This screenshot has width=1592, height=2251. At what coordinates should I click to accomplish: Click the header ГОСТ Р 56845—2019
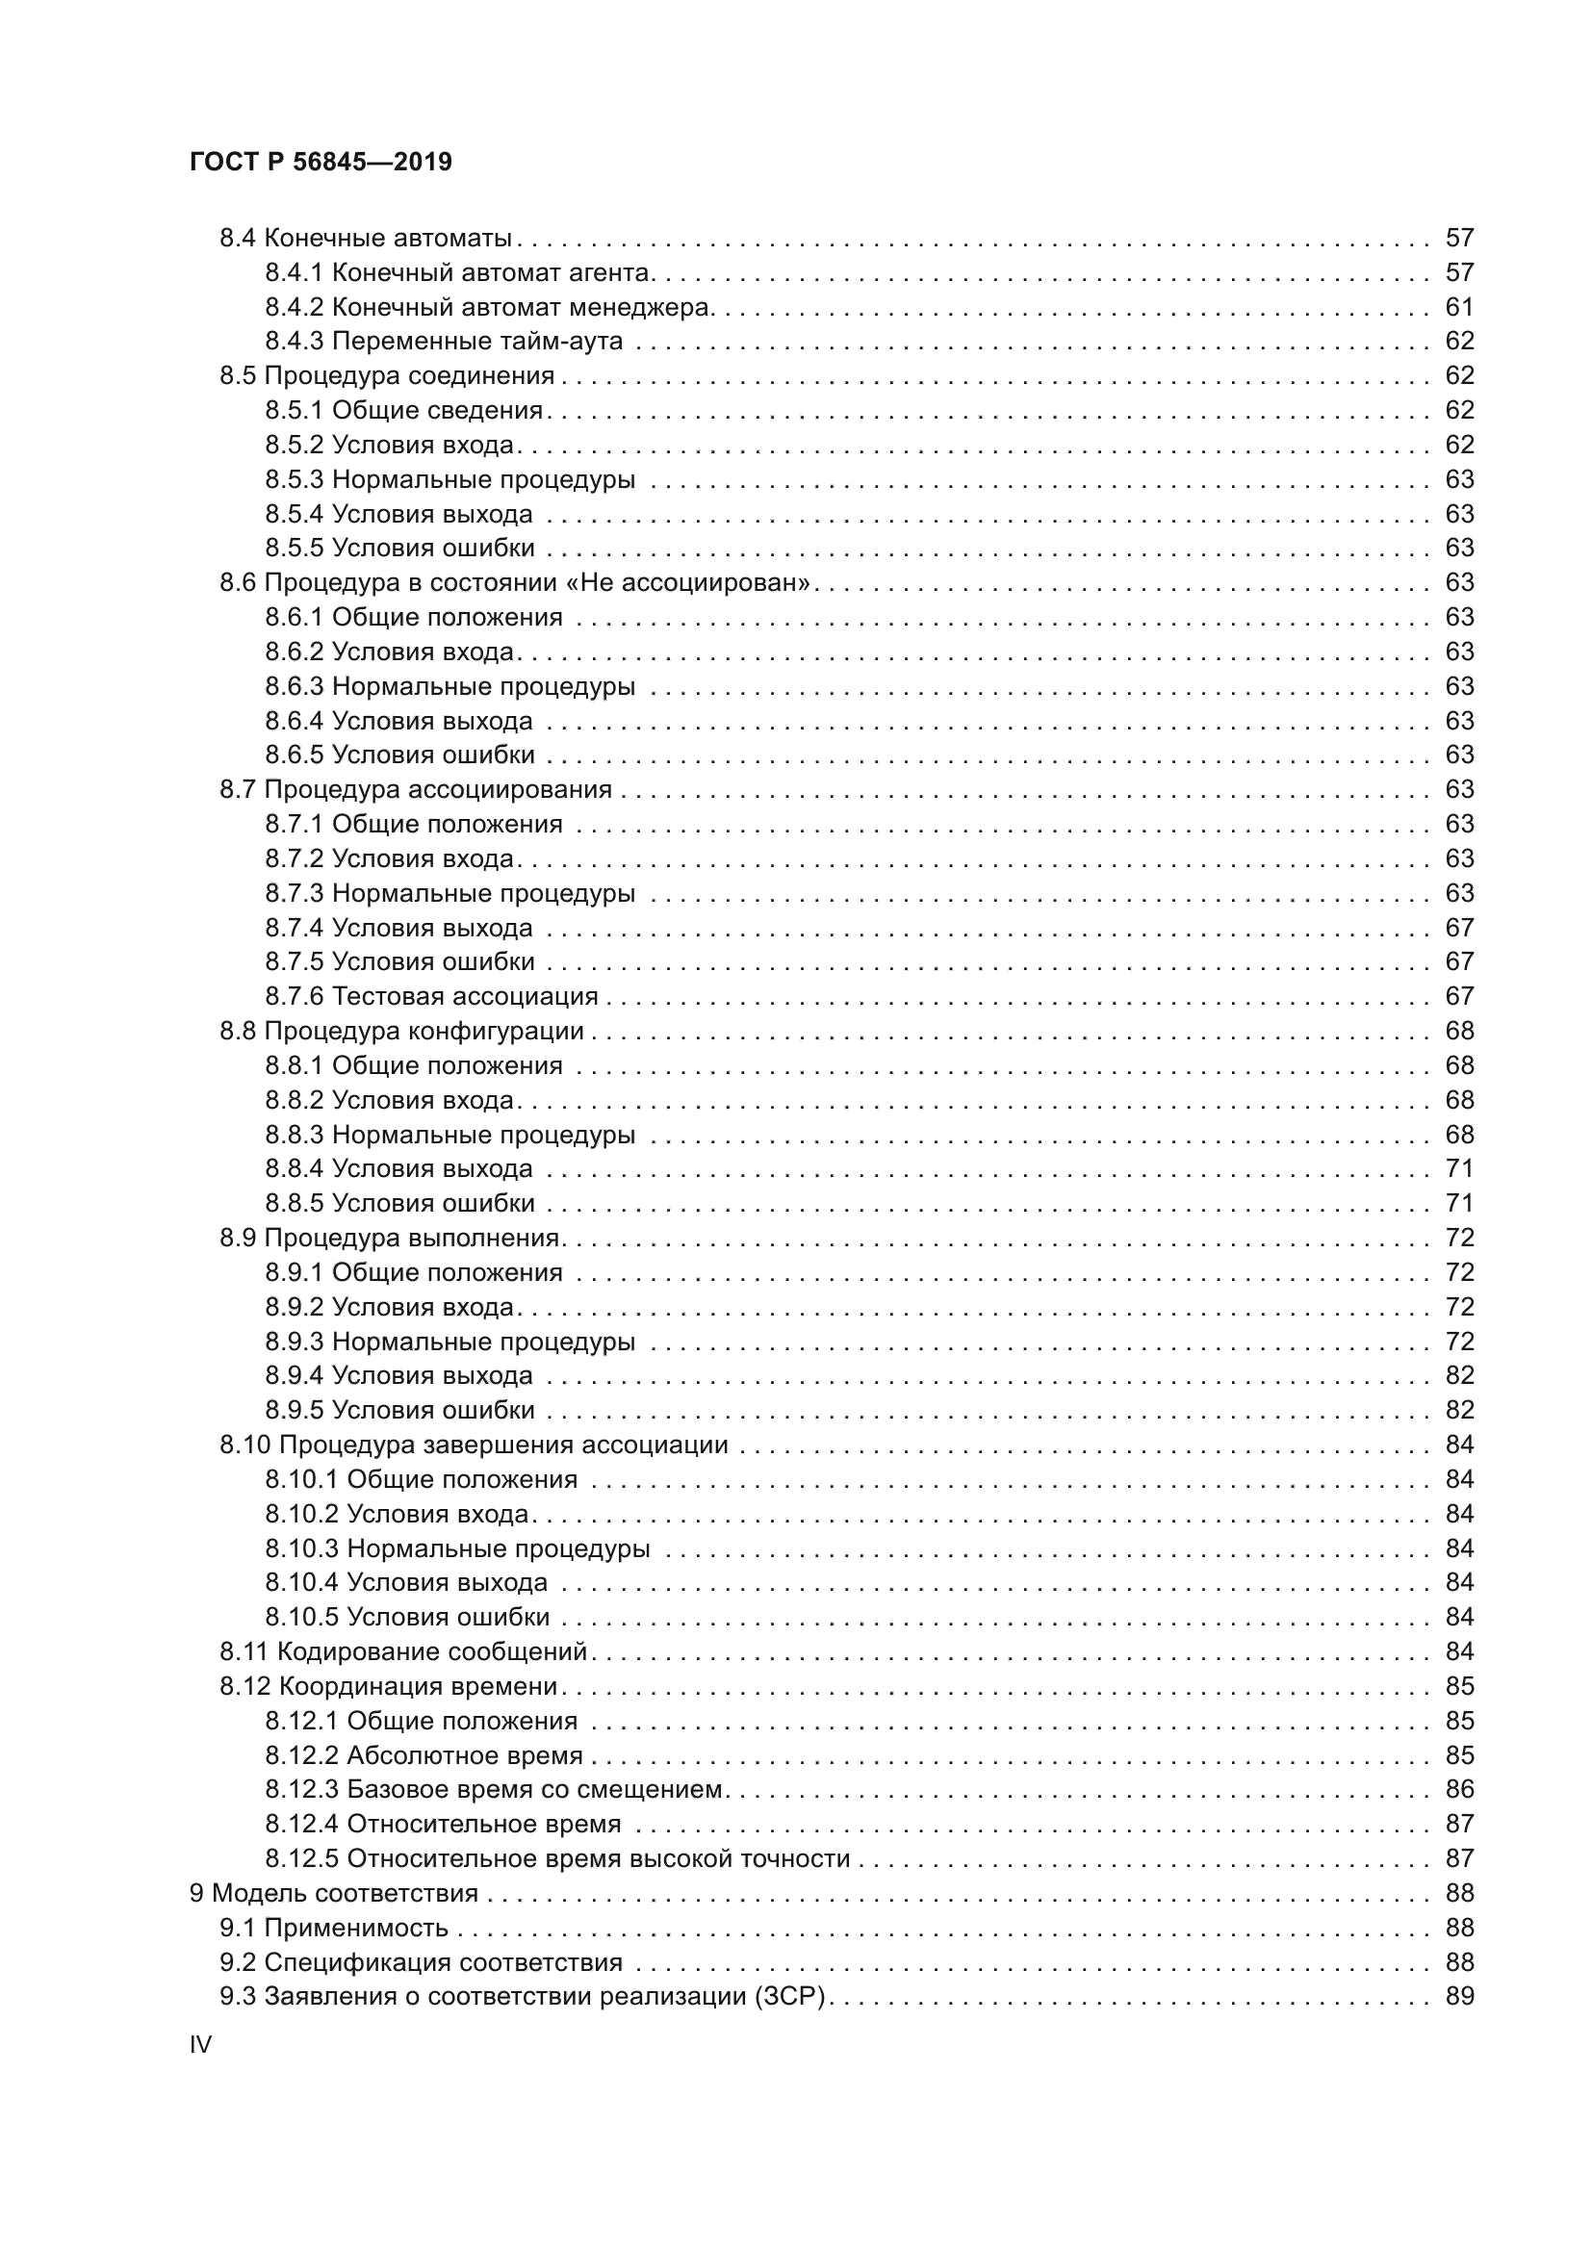coord(321,162)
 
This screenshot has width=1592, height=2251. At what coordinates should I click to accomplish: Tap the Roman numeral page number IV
coord(200,2045)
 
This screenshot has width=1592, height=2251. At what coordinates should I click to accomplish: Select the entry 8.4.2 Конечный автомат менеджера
coord(488,307)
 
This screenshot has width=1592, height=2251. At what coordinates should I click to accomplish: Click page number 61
coord(1458,307)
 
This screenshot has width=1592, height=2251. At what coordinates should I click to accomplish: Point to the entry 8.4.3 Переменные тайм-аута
coord(443,342)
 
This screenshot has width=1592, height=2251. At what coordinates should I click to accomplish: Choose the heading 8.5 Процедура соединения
coord(386,375)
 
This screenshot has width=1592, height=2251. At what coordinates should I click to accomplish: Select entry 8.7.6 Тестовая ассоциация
coord(431,996)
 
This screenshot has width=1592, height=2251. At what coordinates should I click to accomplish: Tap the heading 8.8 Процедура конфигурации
coord(401,1031)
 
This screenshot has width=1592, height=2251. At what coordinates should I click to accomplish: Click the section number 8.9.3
coord(295,1342)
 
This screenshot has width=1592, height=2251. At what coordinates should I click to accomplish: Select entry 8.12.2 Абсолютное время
coord(424,1755)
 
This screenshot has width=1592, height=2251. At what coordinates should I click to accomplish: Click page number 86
coord(1458,1789)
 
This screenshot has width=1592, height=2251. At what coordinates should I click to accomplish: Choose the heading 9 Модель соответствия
coord(333,1893)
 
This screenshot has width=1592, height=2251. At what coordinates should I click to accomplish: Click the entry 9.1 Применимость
coord(333,1928)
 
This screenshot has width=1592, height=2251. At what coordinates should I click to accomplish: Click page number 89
coord(1458,1996)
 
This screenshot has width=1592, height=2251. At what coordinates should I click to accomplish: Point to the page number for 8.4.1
coord(1458,272)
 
